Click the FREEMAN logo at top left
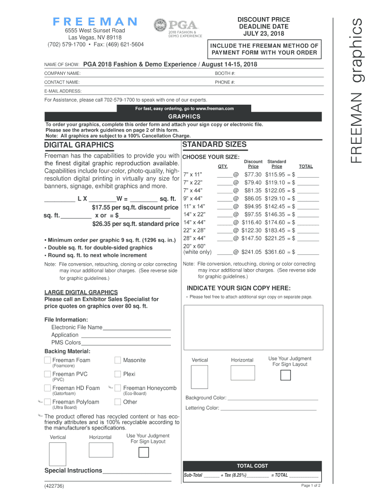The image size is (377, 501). [x=95, y=22]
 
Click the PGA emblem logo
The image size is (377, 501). [x=161, y=27]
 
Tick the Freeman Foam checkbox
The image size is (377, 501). [x=48, y=360]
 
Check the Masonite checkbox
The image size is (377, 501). [x=118, y=360]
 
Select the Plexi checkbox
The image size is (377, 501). [x=118, y=374]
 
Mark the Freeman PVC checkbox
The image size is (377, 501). [x=48, y=374]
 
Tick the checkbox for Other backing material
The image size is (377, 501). [x=118, y=402]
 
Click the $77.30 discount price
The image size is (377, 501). [x=253, y=174]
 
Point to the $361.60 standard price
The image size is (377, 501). [x=275, y=252]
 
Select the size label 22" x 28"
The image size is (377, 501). [x=194, y=230]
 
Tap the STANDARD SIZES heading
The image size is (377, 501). [x=214, y=145]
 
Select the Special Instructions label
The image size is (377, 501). [x=73, y=471]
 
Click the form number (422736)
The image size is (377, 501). [x=53, y=486]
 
